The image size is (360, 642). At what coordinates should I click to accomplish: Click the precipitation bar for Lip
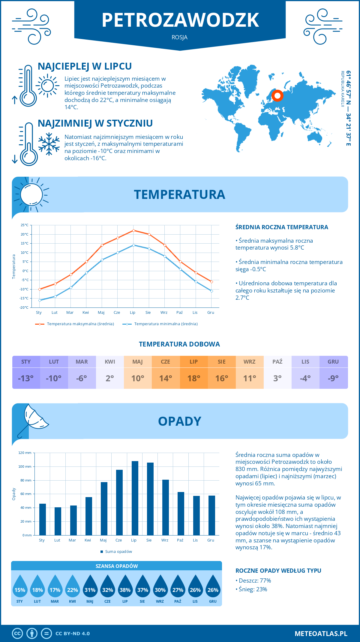pos(135,498)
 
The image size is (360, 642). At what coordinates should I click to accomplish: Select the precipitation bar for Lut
pos(58,521)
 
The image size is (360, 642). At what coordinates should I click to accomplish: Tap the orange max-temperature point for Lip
pos(133,230)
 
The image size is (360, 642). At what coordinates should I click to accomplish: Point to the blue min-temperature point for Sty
pos(40,300)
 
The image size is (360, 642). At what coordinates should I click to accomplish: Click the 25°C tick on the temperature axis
pos(25,225)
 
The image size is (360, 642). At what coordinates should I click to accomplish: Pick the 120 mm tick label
pos(25,453)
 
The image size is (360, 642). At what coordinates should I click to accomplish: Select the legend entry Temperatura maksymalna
pos(75,324)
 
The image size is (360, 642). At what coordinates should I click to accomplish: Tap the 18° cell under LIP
pos(194,378)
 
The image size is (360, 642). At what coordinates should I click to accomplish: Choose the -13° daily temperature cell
pos(26,378)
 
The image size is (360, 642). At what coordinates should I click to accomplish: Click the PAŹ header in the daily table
pos(277,362)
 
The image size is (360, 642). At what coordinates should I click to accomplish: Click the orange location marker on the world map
pos(277,96)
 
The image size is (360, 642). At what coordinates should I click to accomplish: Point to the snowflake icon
pos(49,144)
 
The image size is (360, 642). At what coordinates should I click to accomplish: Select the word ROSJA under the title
pos(180,37)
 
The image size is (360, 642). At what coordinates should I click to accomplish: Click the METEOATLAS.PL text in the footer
pos(321,634)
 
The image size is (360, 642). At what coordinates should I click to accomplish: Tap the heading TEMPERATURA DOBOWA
pos(179,344)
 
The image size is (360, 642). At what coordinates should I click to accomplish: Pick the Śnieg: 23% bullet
pos(251,589)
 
